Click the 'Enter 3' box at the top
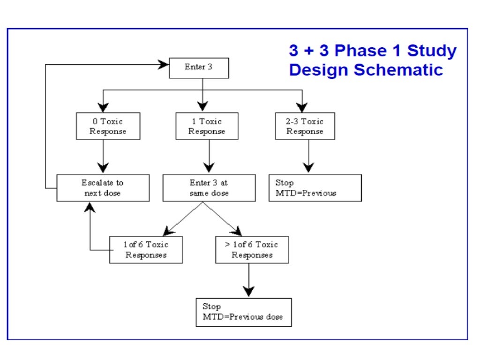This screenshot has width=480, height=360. tap(199, 67)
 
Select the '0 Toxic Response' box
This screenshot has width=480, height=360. tap(108, 126)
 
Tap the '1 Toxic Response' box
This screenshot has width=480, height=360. tap(207, 126)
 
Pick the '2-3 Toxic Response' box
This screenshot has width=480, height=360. tap(305, 126)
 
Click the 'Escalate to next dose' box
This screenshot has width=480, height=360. tap(103, 188)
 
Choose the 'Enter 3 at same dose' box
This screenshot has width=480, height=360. tap(209, 188)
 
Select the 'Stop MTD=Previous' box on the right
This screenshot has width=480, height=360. tap(315, 188)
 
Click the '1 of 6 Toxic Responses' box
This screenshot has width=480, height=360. tap(146, 250)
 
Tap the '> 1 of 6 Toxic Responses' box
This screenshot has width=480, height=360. tap(252, 250)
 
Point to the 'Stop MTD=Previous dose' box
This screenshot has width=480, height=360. tap(243, 312)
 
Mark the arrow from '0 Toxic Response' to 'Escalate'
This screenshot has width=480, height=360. tap(103, 157)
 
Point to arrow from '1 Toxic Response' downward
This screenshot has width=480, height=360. tap(209, 157)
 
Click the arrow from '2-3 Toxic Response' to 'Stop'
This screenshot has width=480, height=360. tap(308, 157)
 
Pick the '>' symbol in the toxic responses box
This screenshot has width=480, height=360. tap(221, 245)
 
